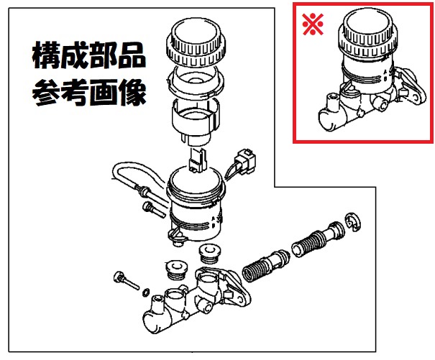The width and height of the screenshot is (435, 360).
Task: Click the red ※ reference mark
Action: point(313,24)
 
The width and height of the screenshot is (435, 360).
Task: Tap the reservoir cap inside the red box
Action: point(368,32)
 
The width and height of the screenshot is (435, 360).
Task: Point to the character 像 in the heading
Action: point(132,93)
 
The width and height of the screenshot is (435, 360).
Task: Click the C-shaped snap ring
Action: point(352,222)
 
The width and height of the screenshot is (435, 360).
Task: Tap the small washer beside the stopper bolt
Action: point(146,292)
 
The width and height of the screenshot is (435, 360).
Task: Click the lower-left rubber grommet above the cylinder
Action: point(175,269)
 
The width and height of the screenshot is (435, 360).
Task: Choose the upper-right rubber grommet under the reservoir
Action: point(210,254)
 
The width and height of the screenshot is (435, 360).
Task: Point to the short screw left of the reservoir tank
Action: point(154,209)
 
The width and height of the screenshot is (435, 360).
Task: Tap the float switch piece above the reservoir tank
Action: point(198,160)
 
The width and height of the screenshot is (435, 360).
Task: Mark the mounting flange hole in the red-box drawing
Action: point(416,97)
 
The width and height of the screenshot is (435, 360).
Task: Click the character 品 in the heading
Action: point(132,55)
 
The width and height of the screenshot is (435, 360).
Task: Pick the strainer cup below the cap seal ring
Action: point(196,122)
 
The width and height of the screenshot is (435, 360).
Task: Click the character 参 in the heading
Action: point(46,93)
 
